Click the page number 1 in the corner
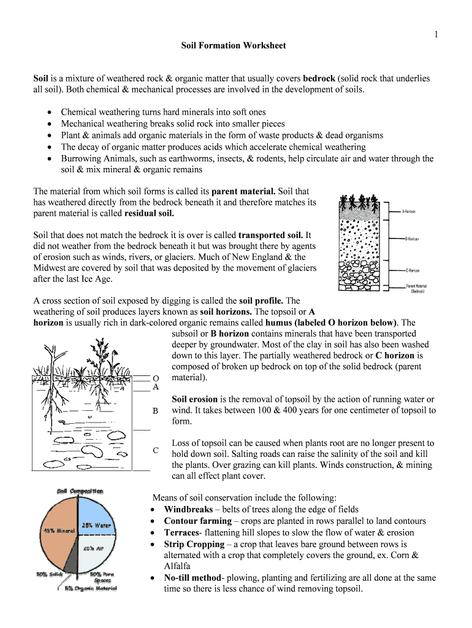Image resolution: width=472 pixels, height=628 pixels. (436, 35)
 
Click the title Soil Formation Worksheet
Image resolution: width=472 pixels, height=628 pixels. (233, 46)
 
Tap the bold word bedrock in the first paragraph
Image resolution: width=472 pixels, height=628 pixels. (319, 78)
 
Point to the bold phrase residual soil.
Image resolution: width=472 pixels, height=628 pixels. (149, 213)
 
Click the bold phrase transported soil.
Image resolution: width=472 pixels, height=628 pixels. (270, 235)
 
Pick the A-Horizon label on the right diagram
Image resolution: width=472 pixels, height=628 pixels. (409, 212)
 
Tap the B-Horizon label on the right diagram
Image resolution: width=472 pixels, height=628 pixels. (411, 239)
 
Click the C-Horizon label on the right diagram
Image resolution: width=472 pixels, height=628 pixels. (412, 270)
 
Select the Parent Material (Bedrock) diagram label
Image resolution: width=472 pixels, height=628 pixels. (416, 288)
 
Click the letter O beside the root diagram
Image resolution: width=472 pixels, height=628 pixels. (156, 377)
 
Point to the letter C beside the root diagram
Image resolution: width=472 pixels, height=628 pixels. (156, 451)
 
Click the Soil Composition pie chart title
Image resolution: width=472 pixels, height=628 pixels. (80, 491)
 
